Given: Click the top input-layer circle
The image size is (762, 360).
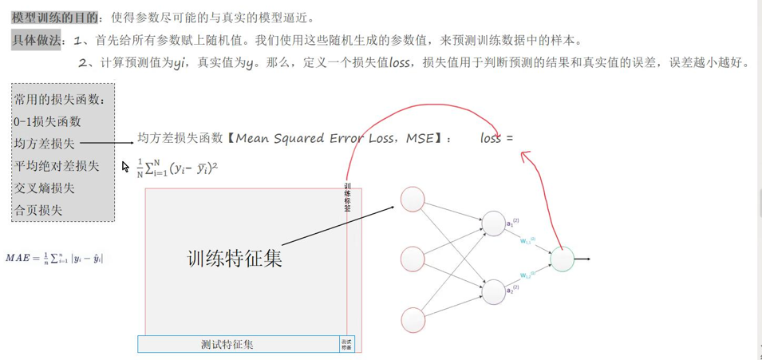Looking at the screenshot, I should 413,200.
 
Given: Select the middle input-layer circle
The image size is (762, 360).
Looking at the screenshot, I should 413,259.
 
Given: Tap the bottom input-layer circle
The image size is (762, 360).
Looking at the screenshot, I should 413,318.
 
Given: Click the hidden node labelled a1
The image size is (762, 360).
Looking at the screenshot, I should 493,224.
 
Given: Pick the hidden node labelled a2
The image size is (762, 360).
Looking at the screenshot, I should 493,292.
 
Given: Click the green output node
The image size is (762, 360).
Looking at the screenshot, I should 563,259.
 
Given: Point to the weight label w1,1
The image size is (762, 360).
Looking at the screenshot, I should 527,239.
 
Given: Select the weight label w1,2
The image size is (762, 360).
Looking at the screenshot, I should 527,275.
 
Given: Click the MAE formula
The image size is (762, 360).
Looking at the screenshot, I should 54,258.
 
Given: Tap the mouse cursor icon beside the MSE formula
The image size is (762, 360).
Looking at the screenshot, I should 126,167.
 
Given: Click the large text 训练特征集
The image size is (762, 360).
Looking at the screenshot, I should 235,259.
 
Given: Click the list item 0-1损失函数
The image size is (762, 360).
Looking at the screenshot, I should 47,122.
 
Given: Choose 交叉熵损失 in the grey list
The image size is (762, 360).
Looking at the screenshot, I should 44,188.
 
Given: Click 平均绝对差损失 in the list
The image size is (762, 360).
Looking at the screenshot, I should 56,166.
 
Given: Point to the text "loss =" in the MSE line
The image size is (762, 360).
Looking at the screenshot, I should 496,138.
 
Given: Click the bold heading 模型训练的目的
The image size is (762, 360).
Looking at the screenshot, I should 55,17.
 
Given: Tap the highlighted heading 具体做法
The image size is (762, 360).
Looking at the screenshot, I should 37,40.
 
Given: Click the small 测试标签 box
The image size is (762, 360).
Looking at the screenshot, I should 346,344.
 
